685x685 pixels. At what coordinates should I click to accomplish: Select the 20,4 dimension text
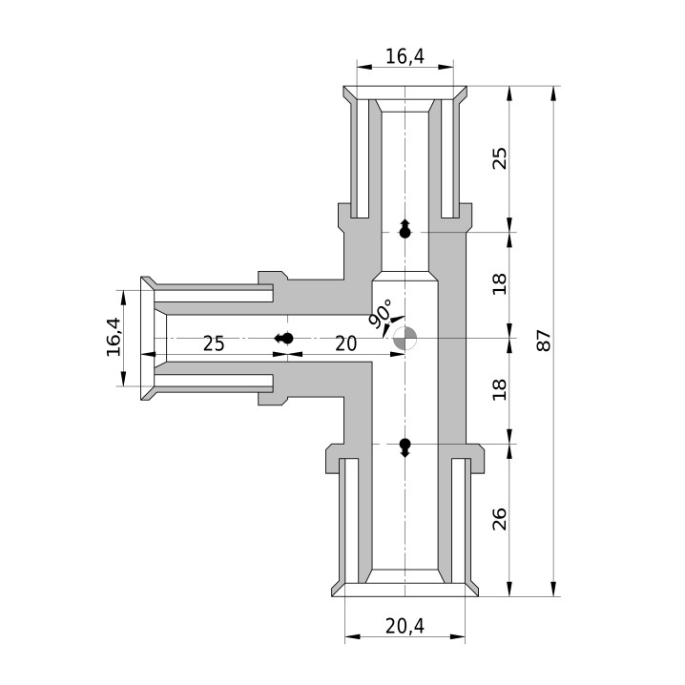pyautogui.click(x=405, y=627)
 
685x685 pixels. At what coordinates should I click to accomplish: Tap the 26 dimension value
pyautogui.click(x=499, y=519)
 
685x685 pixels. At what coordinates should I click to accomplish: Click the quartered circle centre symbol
pyautogui.click(x=405, y=338)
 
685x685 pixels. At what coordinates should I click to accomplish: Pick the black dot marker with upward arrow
pyautogui.click(x=405, y=229)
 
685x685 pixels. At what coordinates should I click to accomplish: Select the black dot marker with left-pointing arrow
pyautogui.click(x=284, y=338)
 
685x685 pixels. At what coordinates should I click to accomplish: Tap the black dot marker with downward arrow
pyautogui.click(x=405, y=447)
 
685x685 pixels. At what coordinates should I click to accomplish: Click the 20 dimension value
pyautogui.click(x=346, y=343)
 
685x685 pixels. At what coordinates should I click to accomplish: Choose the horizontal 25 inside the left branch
pyautogui.click(x=214, y=343)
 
